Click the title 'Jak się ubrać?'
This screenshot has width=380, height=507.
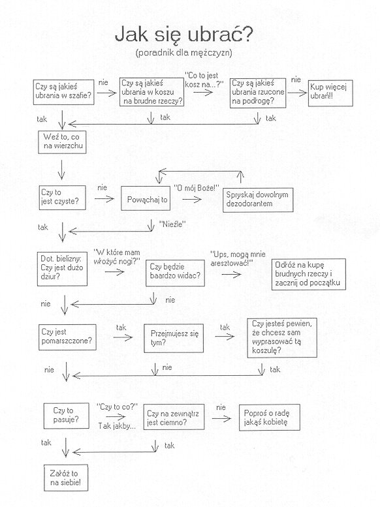pos(183,35)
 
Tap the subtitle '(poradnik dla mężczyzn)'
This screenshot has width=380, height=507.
pos(184,52)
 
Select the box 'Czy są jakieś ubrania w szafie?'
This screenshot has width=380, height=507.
pos(64,92)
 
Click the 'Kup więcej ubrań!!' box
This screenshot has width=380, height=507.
pos(330,93)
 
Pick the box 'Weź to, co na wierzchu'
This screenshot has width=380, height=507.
pos(62,142)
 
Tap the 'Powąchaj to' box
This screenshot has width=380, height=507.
pos(146,198)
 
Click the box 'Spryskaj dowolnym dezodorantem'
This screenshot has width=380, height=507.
pos(258,200)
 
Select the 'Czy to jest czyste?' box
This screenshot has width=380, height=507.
pos(63,198)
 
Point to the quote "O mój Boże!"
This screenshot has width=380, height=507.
pos(197,187)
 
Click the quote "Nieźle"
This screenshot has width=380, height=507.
pos(172,224)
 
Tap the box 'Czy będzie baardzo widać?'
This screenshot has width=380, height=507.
pos(175,273)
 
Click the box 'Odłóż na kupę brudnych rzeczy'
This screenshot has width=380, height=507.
pos(308,274)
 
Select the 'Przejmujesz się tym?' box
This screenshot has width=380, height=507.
pos(174,338)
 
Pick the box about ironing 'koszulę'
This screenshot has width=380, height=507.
pos(282,338)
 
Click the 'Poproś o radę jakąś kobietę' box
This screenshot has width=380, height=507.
pos(269,418)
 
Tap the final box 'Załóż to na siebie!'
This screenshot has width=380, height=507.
pos(66,478)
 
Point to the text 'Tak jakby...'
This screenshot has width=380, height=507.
pos(117,426)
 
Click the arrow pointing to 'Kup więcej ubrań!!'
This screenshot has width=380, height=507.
pos(297,93)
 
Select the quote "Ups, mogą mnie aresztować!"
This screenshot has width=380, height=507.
pos(238,258)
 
